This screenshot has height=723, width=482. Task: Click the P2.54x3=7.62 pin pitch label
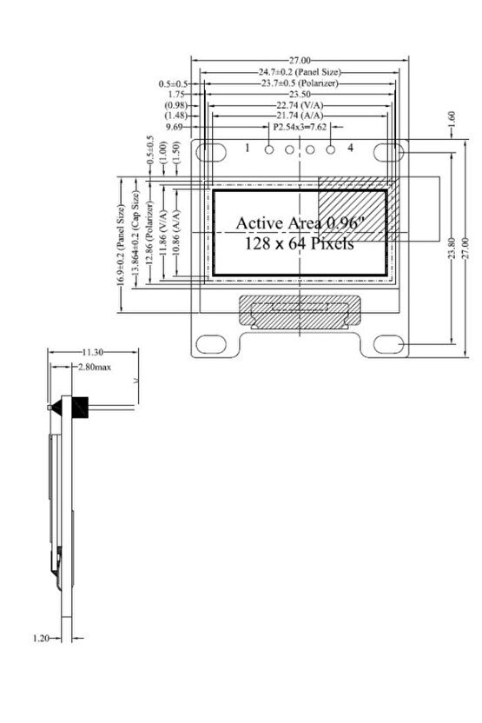pos(300,127)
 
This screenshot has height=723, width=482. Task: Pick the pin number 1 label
pos(248,149)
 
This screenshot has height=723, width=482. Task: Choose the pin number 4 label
pos(350,149)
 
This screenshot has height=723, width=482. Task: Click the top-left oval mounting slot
pos(210,151)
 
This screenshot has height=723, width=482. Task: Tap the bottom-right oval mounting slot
pos(388,347)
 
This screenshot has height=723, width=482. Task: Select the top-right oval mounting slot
pos(387,151)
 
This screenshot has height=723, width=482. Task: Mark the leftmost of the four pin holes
pos(269,151)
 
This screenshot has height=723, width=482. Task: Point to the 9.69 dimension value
pos(174,127)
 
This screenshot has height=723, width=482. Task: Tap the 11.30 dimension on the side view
pos(93,352)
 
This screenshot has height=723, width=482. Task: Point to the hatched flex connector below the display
pos(300,311)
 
